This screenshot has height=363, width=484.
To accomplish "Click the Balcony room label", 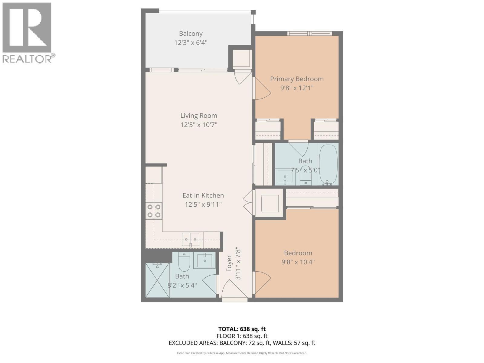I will [x=191, y=34].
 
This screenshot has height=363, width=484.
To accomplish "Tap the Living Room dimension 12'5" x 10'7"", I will [x=199, y=125].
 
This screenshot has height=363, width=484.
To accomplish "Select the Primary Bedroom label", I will [x=296, y=79].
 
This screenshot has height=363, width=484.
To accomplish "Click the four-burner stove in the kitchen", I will [x=154, y=211].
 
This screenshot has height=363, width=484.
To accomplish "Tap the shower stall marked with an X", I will [x=157, y=280].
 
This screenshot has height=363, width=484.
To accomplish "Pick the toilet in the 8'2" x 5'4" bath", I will [x=184, y=262].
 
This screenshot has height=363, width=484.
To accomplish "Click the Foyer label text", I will [x=229, y=263].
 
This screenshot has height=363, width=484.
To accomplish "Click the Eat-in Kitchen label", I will [x=203, y=195].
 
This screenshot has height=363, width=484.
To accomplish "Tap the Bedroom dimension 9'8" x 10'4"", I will [x=298, y=262].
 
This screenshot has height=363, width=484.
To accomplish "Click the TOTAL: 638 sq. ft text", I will [x=242, y=329].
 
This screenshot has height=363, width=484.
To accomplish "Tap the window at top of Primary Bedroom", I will [x=309, y=33].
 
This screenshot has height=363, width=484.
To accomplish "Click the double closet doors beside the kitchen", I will [x=249, y=203].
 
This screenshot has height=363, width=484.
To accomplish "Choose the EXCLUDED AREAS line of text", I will [x=242, y=343].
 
